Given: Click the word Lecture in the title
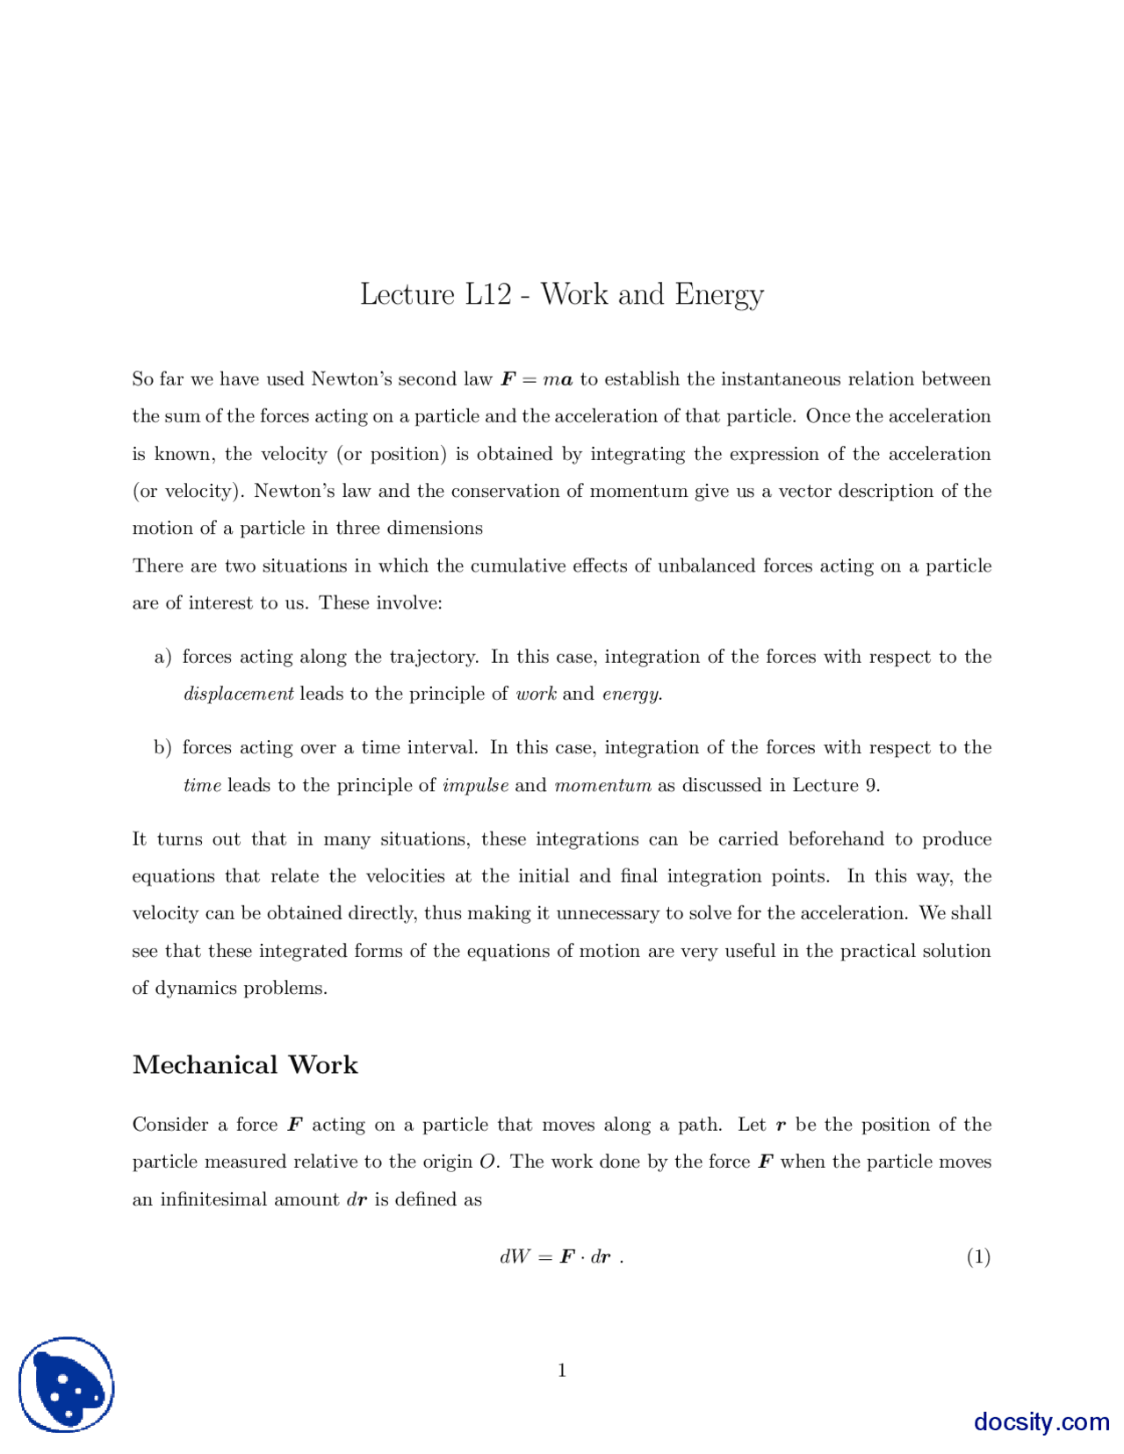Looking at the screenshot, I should click(407, 294).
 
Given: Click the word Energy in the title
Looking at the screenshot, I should click(718, 295).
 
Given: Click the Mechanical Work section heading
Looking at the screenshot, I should click(245, 1065).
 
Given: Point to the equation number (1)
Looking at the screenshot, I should click(978, 1256).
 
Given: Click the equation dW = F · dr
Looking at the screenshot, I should click(560, 1256).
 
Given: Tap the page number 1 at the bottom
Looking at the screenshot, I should click(562, 1370).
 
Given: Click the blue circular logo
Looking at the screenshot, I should click(67, 1385).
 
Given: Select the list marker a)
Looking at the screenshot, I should click(162, 657).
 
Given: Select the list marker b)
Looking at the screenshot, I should click(162, 748).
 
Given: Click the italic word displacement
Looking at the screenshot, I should click(238, 694).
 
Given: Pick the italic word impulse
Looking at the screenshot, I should click(475, 785).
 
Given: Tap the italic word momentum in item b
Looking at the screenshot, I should click(602, 785).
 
